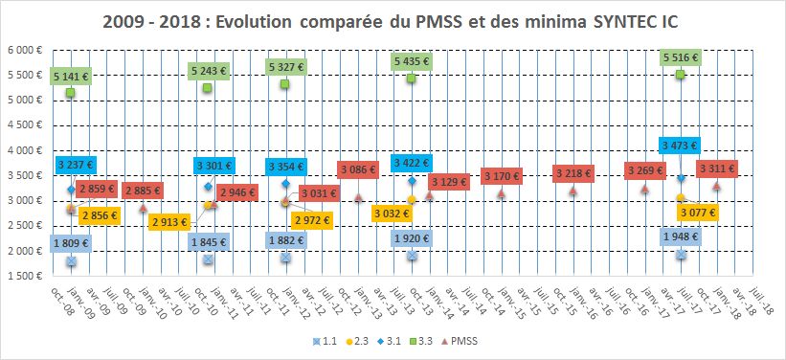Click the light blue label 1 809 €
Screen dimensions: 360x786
click(71, 243)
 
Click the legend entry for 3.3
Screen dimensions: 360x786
click(418, 340)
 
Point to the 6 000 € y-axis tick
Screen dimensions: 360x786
click(25, 50)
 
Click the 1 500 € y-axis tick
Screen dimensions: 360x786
click(25, 276)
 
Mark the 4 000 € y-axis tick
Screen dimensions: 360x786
click(25, 150)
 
